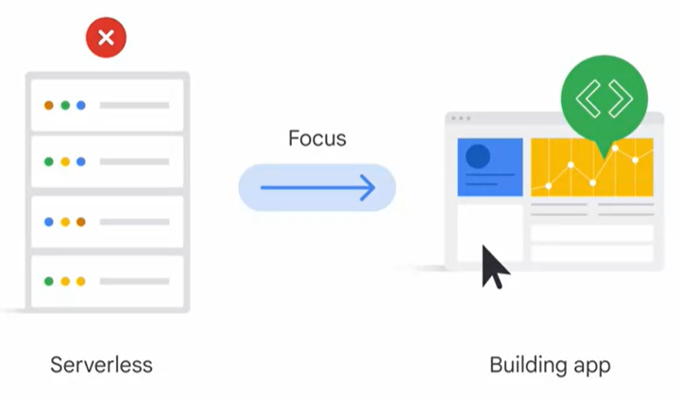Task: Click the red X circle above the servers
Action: point(106,39)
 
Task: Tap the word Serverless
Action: point(101,365)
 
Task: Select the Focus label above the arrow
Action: point(317,139)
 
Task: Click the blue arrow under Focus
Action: point(317,187)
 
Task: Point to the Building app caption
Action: point(551,365)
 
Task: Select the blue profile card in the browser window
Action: point(490,167)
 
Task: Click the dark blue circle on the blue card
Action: point(479,155)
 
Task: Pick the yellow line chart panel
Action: point(592,167)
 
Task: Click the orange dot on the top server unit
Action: point(49,105)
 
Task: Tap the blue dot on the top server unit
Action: point(81,105)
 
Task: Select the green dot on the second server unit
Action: point(49,162)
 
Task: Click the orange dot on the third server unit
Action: point(81,222)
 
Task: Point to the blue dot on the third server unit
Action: point(49,222)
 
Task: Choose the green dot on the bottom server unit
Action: point(49,282)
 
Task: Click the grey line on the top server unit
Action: point(134,105)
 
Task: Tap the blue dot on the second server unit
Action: point(81,162)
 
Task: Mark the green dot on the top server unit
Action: point(65,105)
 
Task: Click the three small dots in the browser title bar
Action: point(460,119)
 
